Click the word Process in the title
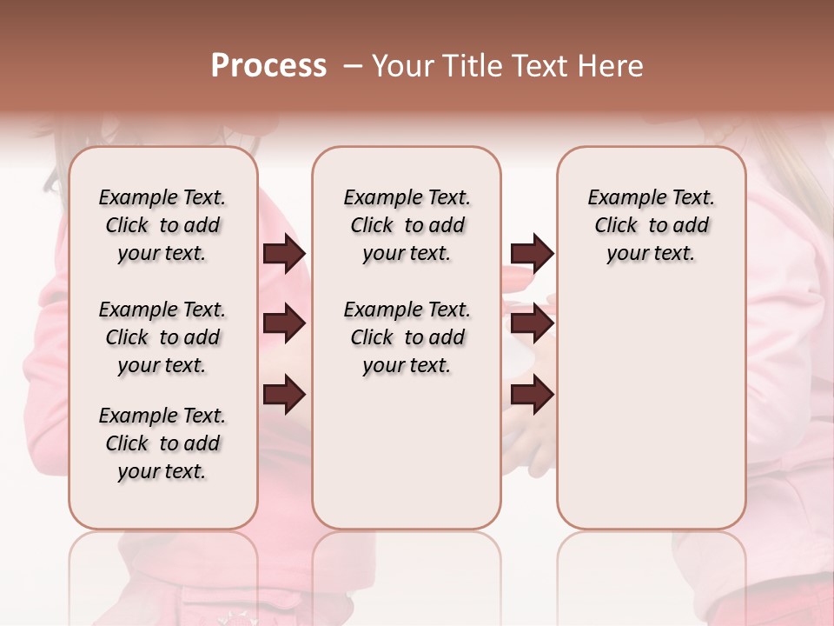pos(268,66)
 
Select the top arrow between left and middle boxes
pos(284,253)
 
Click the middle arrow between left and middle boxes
pos(284,324)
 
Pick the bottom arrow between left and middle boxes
pos(284,394)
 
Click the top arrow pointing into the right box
pos(532,253)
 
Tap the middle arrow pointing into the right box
pos(532,324)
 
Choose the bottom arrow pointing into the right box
pos(532,394)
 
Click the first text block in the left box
pos(162,225)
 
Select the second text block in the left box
pos(162,337)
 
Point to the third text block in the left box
pos(162,443)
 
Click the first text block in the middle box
pos(407,225)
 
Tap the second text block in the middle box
pos(407,337)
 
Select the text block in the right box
pos(651,225)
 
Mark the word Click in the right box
pos(616,225)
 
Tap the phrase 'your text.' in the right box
pos(651,253)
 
